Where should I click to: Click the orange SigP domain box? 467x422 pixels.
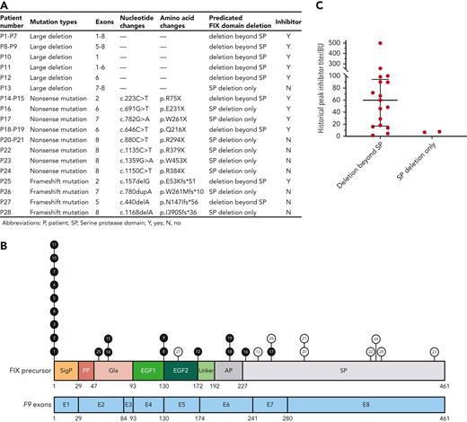[66, 370]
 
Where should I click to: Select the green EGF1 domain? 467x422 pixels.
[146, 370]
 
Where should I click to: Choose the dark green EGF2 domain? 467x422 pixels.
[178, 370]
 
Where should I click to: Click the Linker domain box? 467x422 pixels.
[205, 370]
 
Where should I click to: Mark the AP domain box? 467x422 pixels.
[228, 370]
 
